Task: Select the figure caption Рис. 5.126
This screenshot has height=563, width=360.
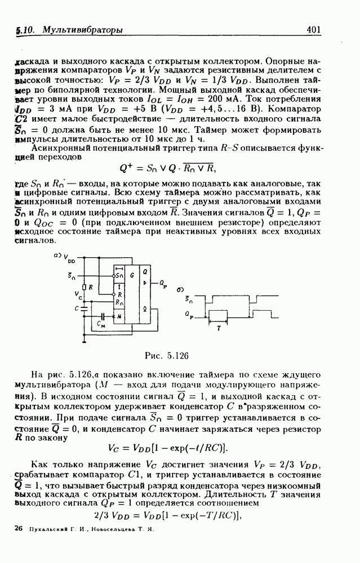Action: click(170, 355)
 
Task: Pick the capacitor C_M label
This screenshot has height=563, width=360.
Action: click(101, 325)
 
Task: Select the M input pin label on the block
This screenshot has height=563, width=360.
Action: click(119, 316)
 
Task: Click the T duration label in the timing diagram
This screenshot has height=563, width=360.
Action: click(219, 326)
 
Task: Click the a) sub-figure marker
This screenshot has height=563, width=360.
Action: click(57, 255)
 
